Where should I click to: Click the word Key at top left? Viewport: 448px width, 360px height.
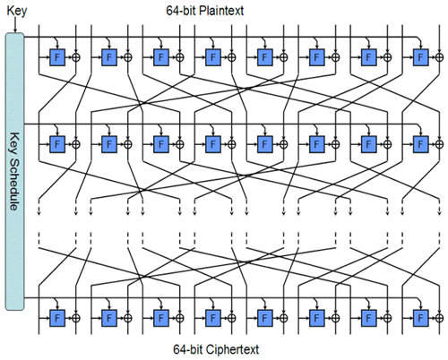coord(17,11)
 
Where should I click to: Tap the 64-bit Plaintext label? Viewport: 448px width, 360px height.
coord(205,11)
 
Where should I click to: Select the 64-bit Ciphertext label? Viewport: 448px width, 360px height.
coord(216,349)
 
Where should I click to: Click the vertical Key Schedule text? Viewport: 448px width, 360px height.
coord(14,172)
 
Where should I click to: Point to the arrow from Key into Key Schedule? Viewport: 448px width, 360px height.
coord(15,25)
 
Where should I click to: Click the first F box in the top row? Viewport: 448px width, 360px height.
coord(57,57)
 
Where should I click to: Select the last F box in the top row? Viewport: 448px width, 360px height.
coord(420,57)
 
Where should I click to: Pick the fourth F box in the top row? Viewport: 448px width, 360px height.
coord(213,57)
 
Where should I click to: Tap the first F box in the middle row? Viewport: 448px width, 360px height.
coord(57,144)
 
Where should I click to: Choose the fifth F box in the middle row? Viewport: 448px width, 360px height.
coord(265,144)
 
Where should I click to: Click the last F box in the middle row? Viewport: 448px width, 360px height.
coord(420,144)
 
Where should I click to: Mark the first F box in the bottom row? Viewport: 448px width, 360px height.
coord(57,318)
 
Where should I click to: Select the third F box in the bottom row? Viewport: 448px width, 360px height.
coord(161,318)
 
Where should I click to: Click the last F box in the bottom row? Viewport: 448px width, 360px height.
coord(420,318)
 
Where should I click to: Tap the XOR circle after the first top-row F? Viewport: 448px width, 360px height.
coord(76,57)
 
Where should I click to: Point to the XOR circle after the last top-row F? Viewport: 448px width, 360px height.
coord(439,57)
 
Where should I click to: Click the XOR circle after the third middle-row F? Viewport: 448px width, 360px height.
coord(180,144)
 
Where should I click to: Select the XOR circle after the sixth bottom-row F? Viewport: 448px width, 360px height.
coord(336,318)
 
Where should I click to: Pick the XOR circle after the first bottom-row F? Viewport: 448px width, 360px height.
coord(76,318)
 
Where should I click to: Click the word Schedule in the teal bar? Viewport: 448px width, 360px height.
coord(14,184)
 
